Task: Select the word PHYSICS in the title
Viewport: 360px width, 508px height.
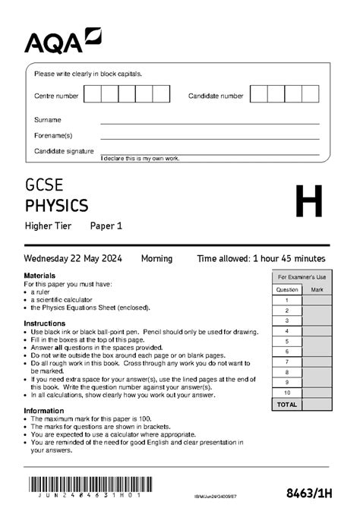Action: point(56,205)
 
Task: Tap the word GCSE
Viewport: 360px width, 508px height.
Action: point(45,185)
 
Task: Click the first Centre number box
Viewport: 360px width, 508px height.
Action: point(92,94)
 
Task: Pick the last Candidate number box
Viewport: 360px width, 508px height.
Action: point(310,94)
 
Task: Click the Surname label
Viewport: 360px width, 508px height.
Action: point(48,120)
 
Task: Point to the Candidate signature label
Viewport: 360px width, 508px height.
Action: point(64,151)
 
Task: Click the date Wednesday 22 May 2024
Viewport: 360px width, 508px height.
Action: point(72,259)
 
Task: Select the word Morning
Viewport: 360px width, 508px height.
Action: point(156,259)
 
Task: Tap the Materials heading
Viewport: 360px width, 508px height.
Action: point(39,275)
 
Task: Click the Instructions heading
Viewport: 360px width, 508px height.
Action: point(43,323)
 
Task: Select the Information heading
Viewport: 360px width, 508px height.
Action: point(43,411)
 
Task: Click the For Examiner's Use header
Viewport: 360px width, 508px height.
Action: point(302,277)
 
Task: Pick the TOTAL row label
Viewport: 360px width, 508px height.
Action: point(287,405)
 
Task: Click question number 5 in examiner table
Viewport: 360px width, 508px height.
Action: point(287,342)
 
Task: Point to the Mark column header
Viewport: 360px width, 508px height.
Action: point(317,289)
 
